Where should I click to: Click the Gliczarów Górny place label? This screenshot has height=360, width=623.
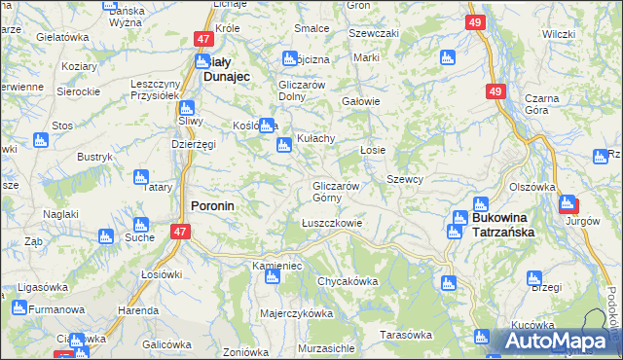tap(337, 192)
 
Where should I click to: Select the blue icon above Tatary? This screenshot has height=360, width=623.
tap(140, 177)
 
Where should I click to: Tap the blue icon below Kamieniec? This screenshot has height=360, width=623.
tap(272, 278)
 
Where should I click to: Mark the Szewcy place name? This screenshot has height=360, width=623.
tap(404, 180)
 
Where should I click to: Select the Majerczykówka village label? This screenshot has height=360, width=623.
tap(296, 314)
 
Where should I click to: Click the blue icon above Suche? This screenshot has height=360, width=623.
tap(106, 236)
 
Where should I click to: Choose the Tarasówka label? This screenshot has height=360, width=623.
tap(405, 335)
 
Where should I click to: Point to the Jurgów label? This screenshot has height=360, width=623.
tap(580, 222)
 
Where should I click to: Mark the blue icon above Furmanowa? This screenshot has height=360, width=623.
tap(18, 309)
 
